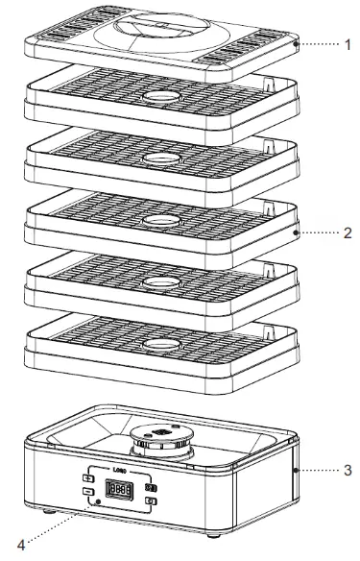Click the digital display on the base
(x=120, y=492)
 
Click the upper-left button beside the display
(x=88, y=478)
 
